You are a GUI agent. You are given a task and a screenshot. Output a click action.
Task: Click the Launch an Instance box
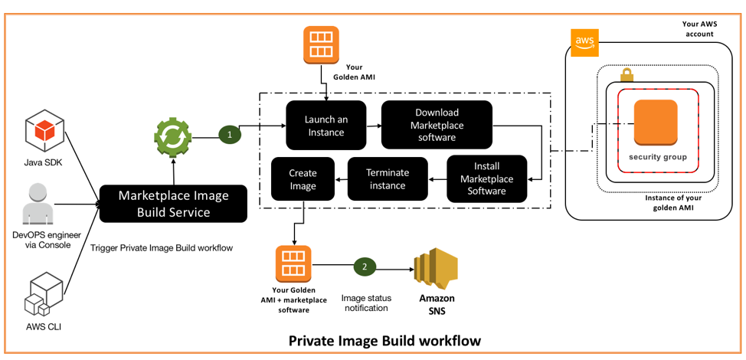(326, 125)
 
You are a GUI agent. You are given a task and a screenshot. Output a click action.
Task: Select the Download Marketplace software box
(437, 125)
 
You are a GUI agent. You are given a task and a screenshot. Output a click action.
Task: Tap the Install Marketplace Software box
(486, 178)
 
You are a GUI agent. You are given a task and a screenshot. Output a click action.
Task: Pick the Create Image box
(303, 178)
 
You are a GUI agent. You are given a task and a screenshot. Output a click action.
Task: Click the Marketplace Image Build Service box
(174, 204)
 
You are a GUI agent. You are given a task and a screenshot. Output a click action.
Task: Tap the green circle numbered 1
(229, 135)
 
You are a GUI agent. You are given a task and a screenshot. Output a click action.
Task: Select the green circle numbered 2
(365, 267)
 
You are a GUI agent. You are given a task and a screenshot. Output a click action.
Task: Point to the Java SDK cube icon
(44, 130)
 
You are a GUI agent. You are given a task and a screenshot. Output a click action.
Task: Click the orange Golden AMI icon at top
(321, 44)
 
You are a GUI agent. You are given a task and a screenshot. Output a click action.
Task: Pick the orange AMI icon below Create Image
(293, 264)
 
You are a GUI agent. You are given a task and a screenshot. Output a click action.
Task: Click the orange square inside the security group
(655, 123)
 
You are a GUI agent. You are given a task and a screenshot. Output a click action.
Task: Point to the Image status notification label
(365, 302)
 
